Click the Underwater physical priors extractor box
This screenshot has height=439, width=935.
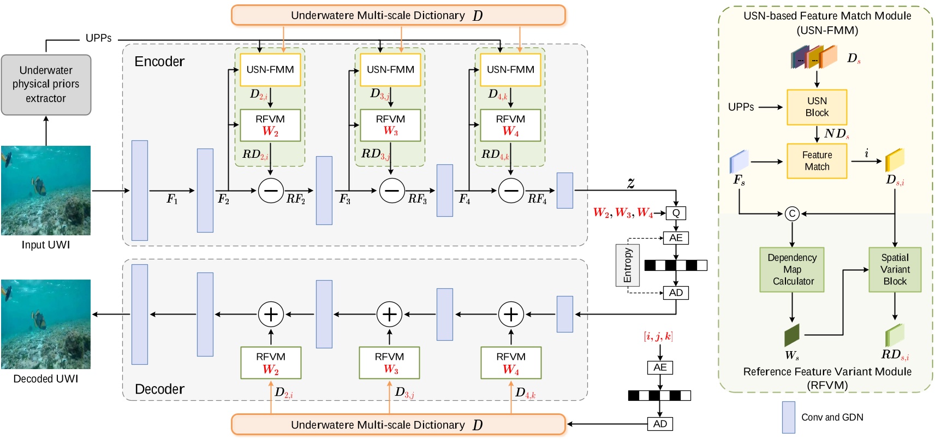(46, 85)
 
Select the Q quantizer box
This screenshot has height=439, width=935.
(676, 213)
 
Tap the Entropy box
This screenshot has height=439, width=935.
(627, 265)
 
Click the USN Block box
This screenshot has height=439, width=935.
(817, 107)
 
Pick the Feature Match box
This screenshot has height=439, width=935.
(817, 161)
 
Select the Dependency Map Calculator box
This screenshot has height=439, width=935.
(792, 270)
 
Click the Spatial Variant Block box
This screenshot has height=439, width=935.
(895, 270)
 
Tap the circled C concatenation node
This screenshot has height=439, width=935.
(792, 213)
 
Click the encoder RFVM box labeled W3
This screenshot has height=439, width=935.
(390, 126)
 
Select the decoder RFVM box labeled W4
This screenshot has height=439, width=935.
(511, 363)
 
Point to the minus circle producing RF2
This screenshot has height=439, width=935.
(271, 191)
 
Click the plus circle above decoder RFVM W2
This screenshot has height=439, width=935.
(271, 314)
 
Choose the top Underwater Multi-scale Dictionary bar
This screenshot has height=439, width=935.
(398, 15)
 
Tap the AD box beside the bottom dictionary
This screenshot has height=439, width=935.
(660, 424)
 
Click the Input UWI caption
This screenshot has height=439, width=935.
(46, 245)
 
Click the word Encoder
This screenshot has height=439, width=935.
(159, 62)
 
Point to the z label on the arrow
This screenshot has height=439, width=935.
(630, 183)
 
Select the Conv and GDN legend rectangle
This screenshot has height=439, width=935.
(788, 417)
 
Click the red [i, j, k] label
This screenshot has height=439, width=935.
(658, 336)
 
